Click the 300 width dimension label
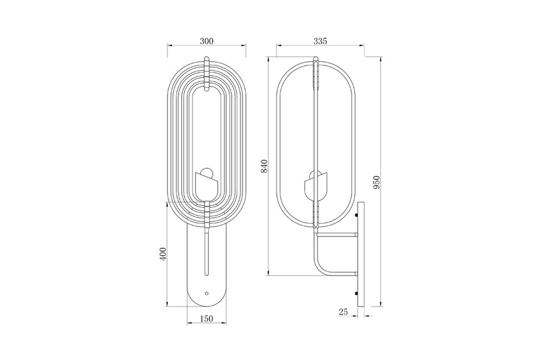(207, 42)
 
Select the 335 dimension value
(320, 42)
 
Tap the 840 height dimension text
(265, 166)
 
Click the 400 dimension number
(163, 254)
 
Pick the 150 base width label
(206, 318)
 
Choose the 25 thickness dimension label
(344, 312)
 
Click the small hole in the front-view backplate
(207, 294)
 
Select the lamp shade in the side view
(315, 189)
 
